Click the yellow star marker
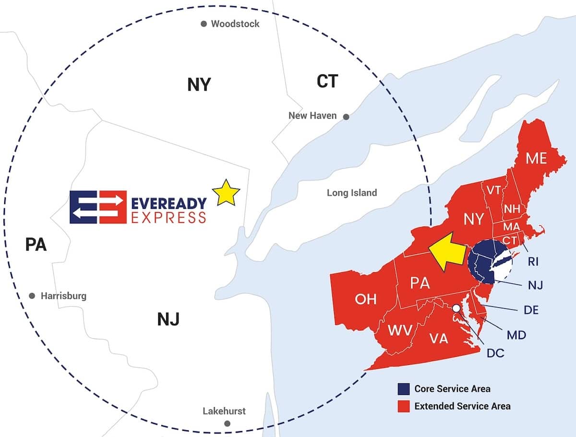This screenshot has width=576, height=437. (x=226, y=193)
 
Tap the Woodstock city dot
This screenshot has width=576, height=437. (x=204, y=24)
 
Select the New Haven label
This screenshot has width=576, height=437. (x=312, y=116)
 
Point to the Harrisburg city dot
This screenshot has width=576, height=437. (x=32, y=296)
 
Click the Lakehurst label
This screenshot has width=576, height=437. (x=224, y=411)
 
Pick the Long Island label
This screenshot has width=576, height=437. (x=352, y=193)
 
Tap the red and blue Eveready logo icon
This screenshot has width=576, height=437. (x=98, y=207)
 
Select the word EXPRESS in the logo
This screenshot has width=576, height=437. (x=169, y=218)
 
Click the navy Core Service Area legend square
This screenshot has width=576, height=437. (x=403, y=388)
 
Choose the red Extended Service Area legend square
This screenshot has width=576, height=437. (x=403, y=406)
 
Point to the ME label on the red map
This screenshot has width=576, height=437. (x=536, y=158)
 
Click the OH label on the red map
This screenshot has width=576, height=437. (x=366, y=299)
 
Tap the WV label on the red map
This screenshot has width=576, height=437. (x=399, y=330)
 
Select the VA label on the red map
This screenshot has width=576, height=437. (x=439, y=339)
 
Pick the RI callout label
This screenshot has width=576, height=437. (x=533, y=262)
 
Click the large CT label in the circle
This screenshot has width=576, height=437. (x=327, y=82)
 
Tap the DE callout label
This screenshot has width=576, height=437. (x=530, y=310)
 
